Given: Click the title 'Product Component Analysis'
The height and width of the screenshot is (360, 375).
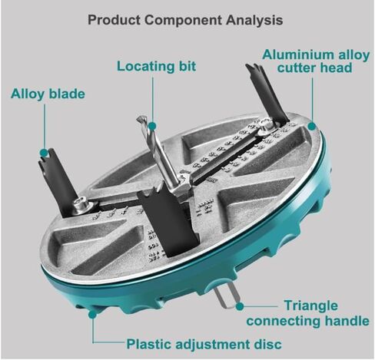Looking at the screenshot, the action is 185,20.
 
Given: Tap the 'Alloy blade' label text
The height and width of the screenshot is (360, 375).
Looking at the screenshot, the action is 48,94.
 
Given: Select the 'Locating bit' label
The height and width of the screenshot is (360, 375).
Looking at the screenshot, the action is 156,66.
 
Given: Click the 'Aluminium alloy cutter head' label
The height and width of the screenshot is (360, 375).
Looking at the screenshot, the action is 316,61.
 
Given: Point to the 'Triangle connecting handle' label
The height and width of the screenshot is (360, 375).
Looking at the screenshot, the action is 307,313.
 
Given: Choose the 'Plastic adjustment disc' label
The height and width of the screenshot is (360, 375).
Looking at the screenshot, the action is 204,344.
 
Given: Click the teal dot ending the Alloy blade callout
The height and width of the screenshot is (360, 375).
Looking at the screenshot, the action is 45,153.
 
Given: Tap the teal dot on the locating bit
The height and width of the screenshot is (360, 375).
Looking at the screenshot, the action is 152,126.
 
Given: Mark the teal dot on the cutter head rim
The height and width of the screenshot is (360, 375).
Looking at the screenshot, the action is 312,126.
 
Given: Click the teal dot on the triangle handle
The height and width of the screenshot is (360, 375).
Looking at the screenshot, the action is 240,306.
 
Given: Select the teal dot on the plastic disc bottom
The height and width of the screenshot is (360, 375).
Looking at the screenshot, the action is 93,314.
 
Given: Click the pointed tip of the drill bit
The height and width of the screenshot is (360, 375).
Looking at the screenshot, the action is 138,118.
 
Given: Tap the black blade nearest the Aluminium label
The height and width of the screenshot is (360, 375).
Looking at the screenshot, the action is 267,94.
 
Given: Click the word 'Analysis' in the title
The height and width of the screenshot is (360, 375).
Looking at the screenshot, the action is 254,20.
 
